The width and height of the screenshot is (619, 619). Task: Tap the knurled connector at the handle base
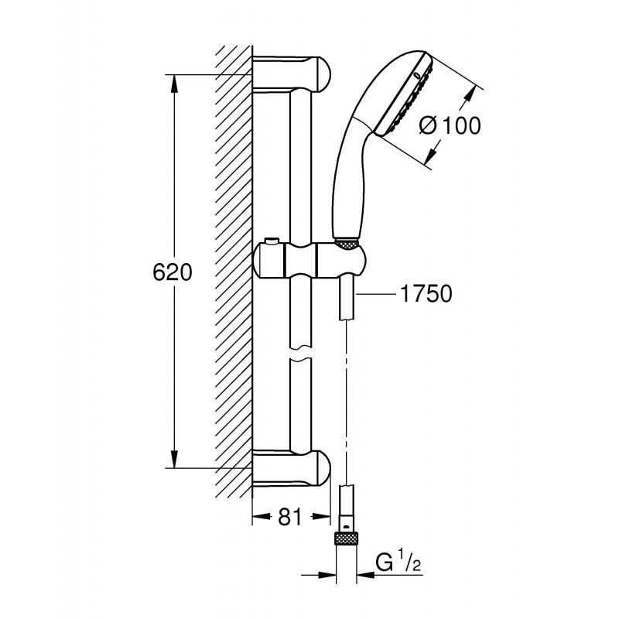(x=347, y=241)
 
